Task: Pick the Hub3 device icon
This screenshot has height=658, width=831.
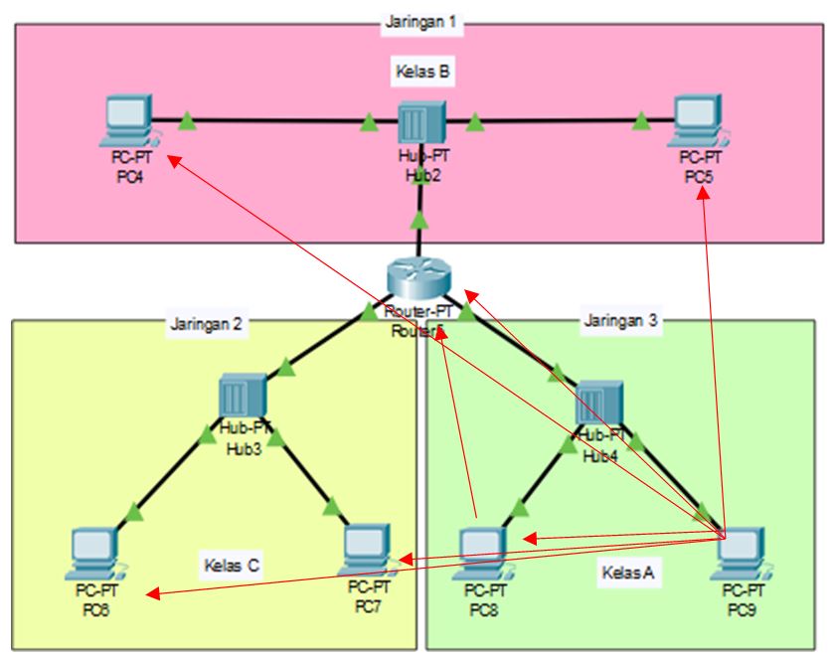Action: tap(241, 398)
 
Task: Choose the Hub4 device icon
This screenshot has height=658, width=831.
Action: tap(598, 402)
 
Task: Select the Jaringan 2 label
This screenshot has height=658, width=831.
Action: tap(206, 323)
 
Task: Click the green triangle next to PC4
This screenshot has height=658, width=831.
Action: tap(186, 123)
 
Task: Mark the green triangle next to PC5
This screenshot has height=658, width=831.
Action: tap(641, 123)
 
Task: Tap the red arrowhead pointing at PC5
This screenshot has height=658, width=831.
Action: tap(704, 197)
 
